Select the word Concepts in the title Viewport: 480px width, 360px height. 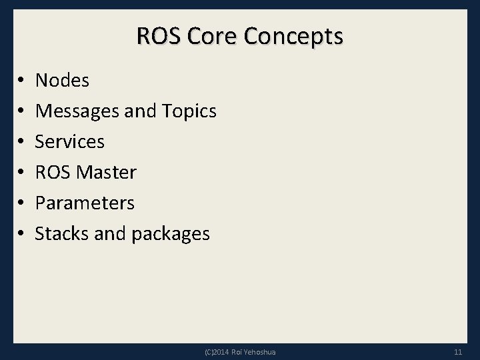[293, 37]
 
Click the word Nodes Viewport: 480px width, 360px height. [62, 81]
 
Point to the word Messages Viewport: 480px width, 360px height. [77, 111]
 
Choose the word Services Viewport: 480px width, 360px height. [70, 141]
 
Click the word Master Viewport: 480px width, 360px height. [107, 172]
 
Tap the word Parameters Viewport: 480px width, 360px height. [85, 203]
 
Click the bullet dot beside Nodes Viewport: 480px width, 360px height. [21, 81]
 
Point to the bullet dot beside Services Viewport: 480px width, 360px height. [21, 142]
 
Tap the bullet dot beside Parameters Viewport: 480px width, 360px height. [21, 203]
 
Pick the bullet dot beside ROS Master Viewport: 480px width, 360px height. [21, 173]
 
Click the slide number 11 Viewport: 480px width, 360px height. [457, 352]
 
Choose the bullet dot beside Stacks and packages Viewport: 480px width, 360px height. [21, 234]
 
